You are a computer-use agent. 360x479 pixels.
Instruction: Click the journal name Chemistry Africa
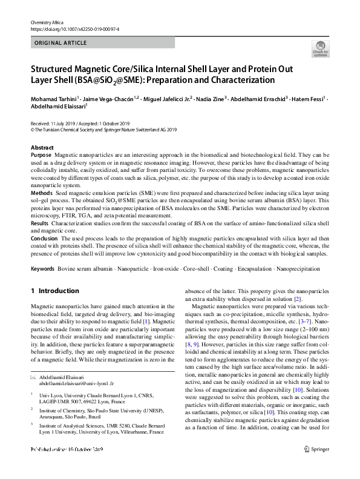click(x=46, y=22)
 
